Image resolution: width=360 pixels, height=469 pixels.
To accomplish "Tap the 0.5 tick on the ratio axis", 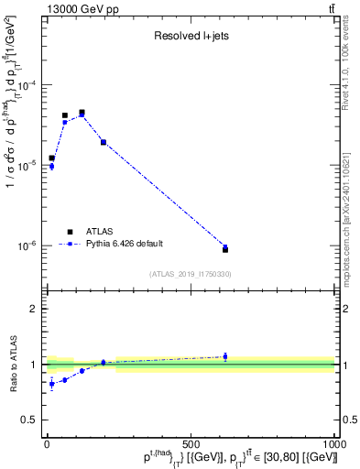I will click(x=31, y=420).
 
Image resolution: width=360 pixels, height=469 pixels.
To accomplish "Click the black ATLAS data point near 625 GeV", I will click(x=225, y=249).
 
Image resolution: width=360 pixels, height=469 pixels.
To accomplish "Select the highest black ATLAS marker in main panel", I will click(x=82, y=113).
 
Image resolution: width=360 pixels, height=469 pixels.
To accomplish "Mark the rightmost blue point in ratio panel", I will click(x=225, y=356).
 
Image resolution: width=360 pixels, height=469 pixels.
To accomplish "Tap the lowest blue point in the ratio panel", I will click(x=51, y=384).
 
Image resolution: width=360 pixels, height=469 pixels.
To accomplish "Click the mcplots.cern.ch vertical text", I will click(x=351, y=220).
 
